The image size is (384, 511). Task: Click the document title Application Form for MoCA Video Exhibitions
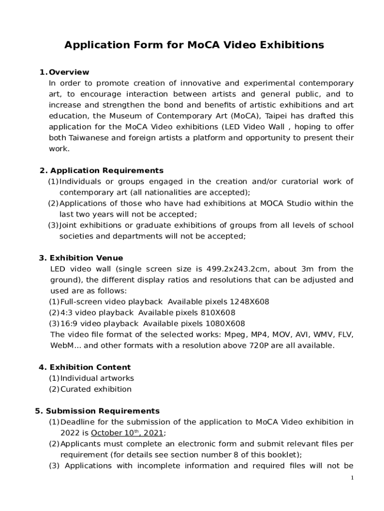[x=194, y=45]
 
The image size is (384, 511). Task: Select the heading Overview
[x=69, y=72]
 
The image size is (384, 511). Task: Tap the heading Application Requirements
[x=107, y=171]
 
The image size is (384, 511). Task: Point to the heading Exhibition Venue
[x=86, y=258]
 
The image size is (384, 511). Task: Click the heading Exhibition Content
[x=90, y=367]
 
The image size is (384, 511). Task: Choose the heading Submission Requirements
[x=103, y=411]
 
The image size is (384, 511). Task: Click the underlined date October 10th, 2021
[x=127, y=433]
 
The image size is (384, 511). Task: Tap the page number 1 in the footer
[x=352, y=478]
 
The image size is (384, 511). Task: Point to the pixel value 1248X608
[x=249, y=302]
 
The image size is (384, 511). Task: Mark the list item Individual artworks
[x=97, y=378]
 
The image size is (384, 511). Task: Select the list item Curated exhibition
[x=96, y=389]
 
